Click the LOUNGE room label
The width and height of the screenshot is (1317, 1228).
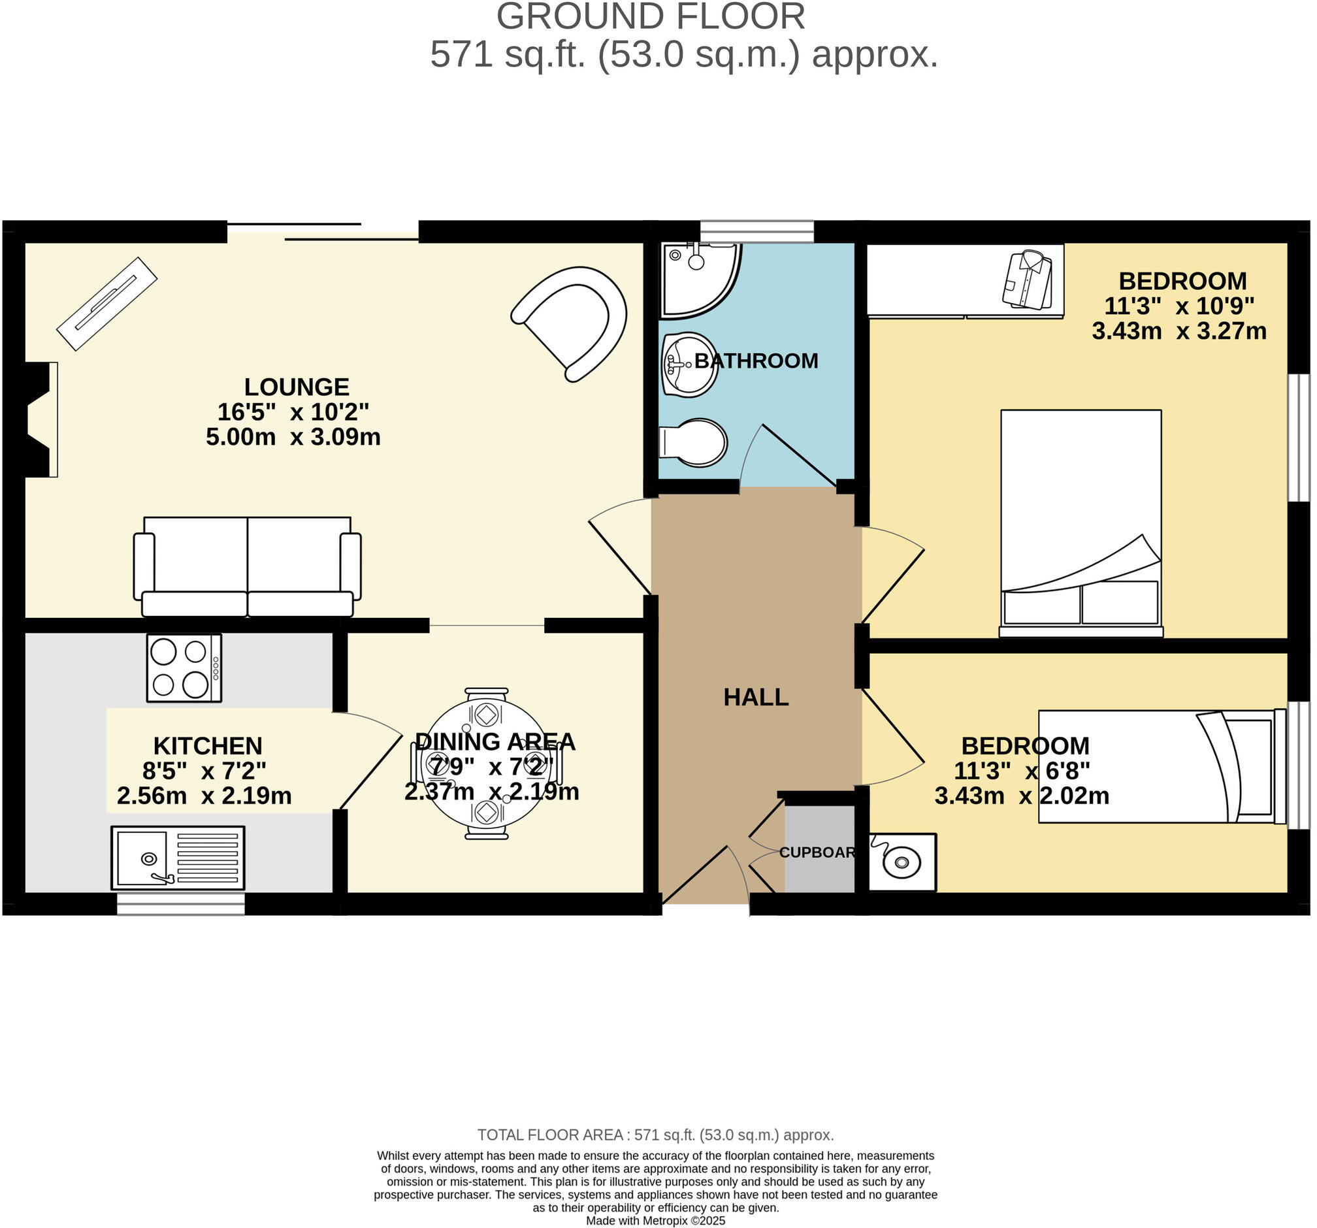pyautogui.click(x=296, y=387)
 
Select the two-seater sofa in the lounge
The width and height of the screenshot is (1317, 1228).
pyautogui.click(x=247, y=567)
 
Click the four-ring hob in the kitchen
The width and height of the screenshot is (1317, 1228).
pyautogui.click(x=184, y=668)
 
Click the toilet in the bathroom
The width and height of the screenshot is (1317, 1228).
pyautogui.click(x=694, y=442)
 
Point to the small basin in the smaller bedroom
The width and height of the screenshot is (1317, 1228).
pyautogui.click(x=902, y=862)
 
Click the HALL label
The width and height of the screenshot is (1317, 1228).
pyautogui.click(x=756, y=698)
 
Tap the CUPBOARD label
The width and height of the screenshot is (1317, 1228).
pyautogui.click(x=817, y=852)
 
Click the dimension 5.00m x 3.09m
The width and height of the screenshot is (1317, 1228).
pyautogui.click(x=293, y=437)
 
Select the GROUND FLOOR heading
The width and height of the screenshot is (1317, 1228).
pyautogui.click(x=651, y=17)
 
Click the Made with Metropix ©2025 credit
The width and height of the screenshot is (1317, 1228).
pyautogui.click(x=655, y=1220)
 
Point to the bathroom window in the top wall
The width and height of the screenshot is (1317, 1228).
pyautogui.click(x=756, y=232)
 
